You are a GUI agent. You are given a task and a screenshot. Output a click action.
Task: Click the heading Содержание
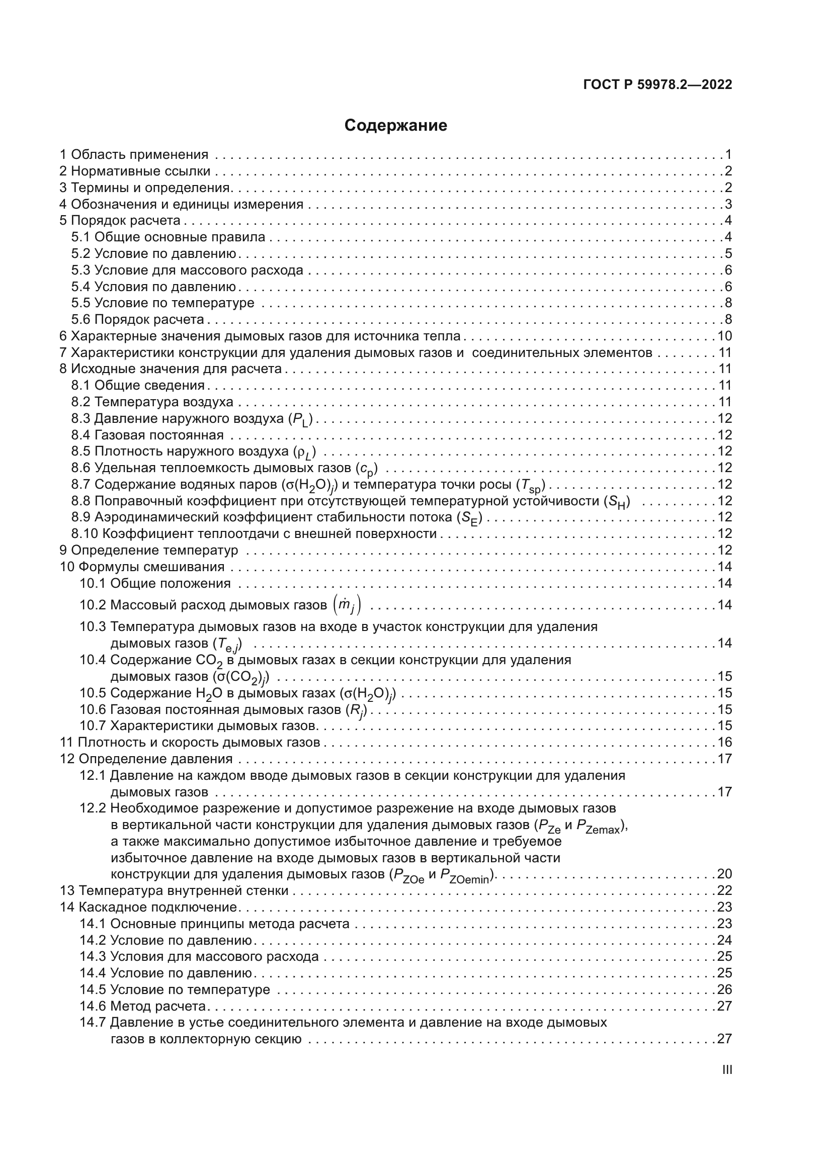[x=395, y=126]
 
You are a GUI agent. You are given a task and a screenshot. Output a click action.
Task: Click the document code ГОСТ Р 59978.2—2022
[x=657, y=85]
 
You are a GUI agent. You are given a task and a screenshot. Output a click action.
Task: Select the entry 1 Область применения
[x=134, y=155]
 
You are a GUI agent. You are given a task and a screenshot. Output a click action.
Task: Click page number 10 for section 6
[x=724, y=336]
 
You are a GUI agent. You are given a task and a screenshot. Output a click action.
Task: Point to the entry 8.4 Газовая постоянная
[x=147, y=435]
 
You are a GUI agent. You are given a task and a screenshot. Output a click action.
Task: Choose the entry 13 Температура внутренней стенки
[x=174, y=891]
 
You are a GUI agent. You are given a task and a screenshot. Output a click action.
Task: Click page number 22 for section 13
[x=724, y=891]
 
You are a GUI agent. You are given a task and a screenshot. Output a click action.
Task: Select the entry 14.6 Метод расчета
[x=143, y=1006]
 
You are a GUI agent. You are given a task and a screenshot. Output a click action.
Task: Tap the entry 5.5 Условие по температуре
[x=163, y=303]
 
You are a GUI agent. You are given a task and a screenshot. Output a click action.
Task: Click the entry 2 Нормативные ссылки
[x=135, y=171]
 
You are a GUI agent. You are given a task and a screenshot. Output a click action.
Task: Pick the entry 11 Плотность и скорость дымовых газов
[x=190, y=743]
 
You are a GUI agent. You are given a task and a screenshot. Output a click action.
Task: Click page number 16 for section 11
[x=724, y=743]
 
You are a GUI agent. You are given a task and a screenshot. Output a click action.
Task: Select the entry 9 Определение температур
[x=149, y=551]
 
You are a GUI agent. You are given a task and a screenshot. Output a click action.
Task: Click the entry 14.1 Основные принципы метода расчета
[x=215, y=924]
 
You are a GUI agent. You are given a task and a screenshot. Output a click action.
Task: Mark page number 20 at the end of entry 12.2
[x=724, y=874]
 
